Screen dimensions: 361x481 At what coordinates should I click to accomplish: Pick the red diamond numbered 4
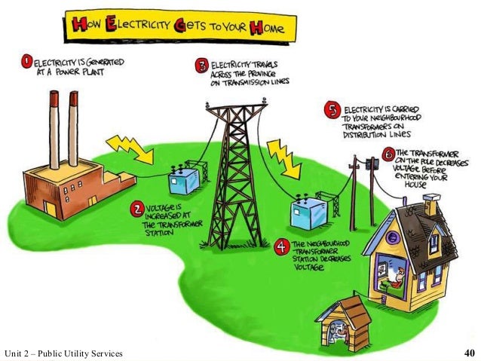coord(281,245)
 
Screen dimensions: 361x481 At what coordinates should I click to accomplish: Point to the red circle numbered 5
coord(329,109)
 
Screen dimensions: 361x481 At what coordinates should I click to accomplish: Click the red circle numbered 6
coord(388,155)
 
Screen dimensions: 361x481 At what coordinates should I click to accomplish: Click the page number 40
coord(468,353)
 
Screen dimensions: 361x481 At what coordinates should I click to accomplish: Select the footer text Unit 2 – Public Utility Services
coord(63,353)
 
